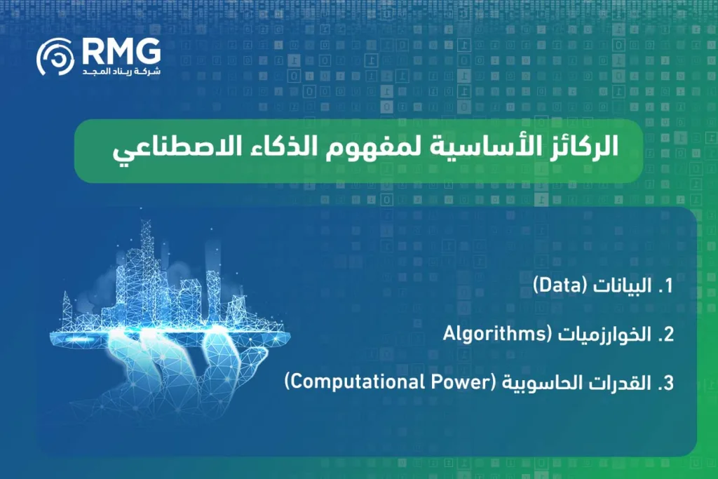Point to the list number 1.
pyautogui.click(x=665, y=286)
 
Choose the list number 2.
pyautogui.click(x=665, y=335)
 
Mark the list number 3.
pyautogui.click(x=665, y=383)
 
